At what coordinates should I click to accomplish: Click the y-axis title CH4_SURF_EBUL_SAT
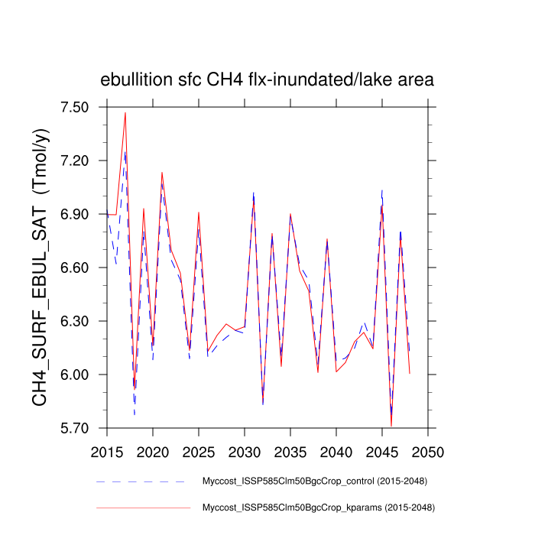[x=41, y=267]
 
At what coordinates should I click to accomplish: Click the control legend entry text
[x=314, y=481]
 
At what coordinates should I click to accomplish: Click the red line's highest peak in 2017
[x=125, y=113]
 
